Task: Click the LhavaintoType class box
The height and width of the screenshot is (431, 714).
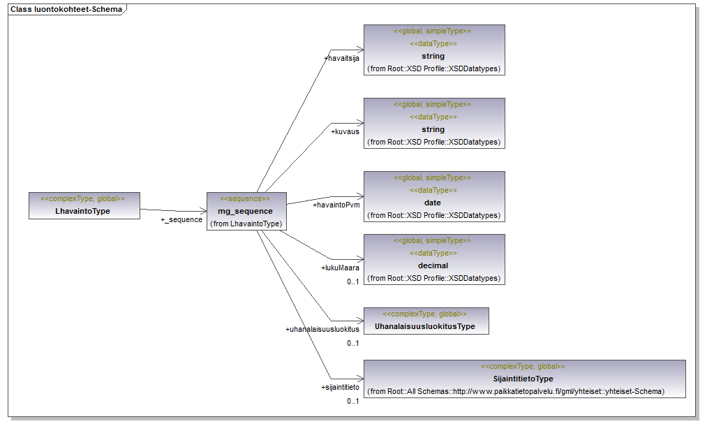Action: click(x=84, y=205)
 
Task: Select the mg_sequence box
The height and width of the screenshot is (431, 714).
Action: click(x=246, y=211)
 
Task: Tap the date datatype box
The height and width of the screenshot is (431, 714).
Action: click(x=433, y=196)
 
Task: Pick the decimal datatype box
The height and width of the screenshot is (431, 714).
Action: click(x=433, y=259)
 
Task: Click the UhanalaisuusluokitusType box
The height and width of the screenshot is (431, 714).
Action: click(x=426, y=321)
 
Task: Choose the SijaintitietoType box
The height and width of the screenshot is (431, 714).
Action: click(x=524, y=379)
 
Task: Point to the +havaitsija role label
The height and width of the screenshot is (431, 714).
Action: click(x=341, y=59)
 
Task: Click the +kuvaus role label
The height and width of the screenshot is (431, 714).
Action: click(x=345, y=131)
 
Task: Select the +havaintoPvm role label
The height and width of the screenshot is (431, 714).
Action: click(x=335, y=205)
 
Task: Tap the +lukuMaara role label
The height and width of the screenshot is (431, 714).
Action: click(x=340, y=268)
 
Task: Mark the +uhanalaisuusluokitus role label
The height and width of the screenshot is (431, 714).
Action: click(x=322, y=329)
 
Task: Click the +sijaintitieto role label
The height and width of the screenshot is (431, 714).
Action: click(x=340, y=387)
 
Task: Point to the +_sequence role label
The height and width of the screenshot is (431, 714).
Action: click(x=181, y=219)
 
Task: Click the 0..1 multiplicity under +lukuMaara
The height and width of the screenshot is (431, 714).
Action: click(x=352, y=282)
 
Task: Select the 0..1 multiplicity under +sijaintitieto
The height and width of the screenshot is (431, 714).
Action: click(x=352, y=401)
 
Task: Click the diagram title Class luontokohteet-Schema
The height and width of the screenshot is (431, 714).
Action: click(x=66, y=10)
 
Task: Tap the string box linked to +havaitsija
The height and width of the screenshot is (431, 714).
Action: click(x=433, y=50)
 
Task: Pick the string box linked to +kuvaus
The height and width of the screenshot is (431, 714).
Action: click(x=433, y=123)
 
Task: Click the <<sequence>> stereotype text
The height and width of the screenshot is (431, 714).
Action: click(x=245, y=199)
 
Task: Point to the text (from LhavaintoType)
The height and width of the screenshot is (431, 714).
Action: click(x=246, y=224)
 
